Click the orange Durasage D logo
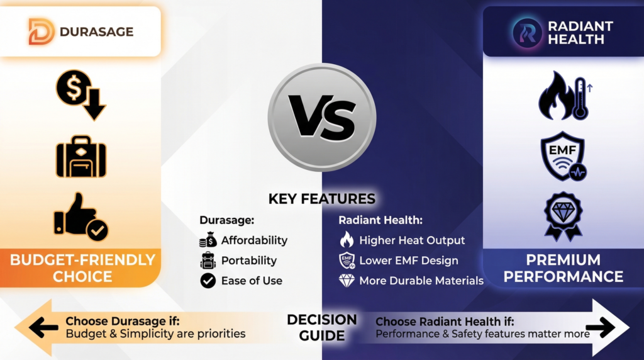[x=42, y=31]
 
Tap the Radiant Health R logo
[x=527, y=31]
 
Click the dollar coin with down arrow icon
[x=80, y=95]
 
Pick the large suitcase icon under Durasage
[x=80, y=156]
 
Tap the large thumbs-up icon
[x=80, y=217]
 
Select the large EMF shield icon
[x=563, y=156]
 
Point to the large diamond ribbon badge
[x=563, y=216]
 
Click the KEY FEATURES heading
[x=321, y=199]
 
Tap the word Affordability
[x=254, y=240]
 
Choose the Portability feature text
[x=248, y=261]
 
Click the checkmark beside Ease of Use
[x=208, y=281]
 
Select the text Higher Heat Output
[x=412, y=240]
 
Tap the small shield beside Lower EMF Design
[x=347, y=261]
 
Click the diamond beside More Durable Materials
[x=347, y=281]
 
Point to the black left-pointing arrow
[x=43, y=327]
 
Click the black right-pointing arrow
[x=600, y=327]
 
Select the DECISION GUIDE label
[x=321, y=327]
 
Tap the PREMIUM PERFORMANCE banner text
[x=563, y=267]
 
